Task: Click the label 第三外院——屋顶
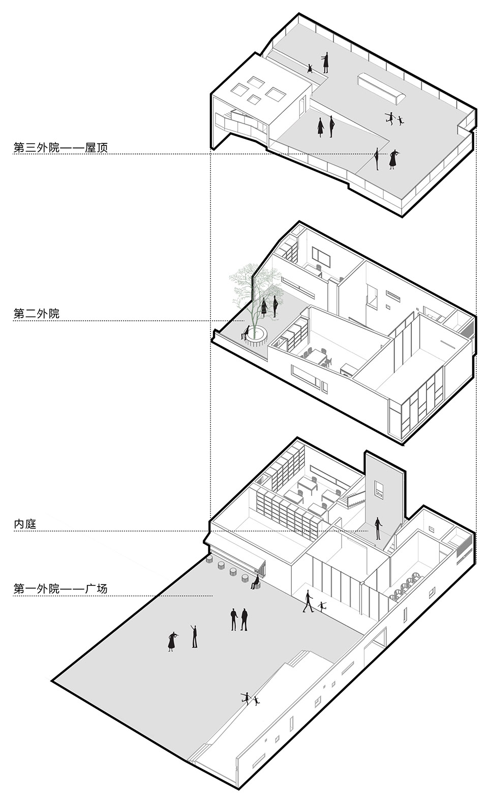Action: coord(60,147)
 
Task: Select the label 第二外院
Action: coord(37,314)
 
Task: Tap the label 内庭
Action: coord(25,524)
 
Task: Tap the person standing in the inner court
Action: coord(378,528)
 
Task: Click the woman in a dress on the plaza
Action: coord(172,641)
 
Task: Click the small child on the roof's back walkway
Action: coord(310,68)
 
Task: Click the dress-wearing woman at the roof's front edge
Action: coord(393,160)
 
